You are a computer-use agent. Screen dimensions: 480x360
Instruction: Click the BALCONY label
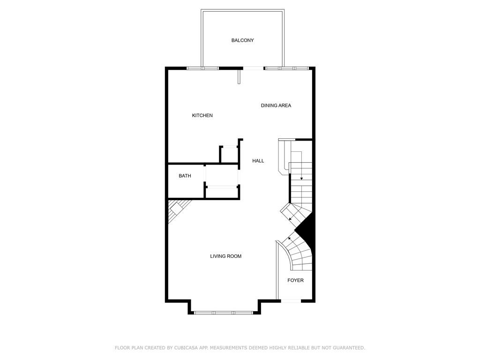coord(242,40)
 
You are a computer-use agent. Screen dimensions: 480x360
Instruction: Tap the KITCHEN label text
coord(202,115)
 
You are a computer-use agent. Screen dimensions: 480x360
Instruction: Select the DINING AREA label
coord(276,105)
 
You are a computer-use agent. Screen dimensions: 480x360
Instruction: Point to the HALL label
coord(258,161)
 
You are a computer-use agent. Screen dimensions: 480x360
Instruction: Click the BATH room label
coord(185,176)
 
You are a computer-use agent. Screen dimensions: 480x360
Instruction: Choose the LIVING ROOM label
coord(225,256)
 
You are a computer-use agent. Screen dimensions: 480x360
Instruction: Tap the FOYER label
coord(295,280)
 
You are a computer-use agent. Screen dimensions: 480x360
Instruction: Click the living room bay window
coord(224,313)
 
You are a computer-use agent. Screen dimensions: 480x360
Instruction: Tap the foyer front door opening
coord(291,301)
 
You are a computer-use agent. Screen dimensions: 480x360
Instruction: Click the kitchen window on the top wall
coord(203,68)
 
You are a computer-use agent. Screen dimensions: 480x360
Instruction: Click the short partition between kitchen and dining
coord(239,76)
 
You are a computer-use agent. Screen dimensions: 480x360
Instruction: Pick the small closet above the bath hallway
coord(229,155)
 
